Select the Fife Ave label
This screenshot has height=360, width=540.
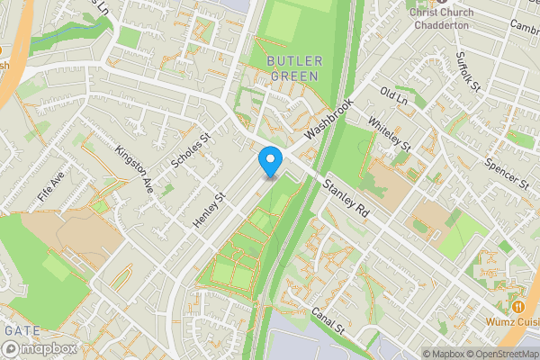(x=51, y=185)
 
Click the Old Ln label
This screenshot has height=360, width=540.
(x=393, y=95)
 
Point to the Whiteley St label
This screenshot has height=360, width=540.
(x=390, y=134)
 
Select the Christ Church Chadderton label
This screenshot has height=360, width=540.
(x=442, y=18)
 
